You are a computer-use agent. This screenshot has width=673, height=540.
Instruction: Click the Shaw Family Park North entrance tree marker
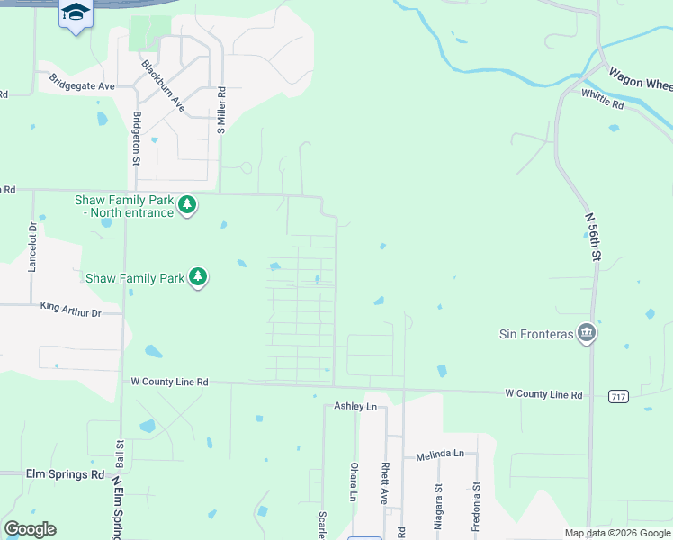tap(187, 205)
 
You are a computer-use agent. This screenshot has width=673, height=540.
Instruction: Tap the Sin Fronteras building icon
tap(587, 333)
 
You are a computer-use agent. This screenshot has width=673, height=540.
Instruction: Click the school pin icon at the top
tap(76, 13)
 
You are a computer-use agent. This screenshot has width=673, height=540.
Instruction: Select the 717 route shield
tap(617, 396)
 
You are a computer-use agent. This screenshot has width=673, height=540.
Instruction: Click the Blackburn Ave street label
tap(163, 86)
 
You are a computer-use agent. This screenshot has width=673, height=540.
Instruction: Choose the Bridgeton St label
tap(137, 137)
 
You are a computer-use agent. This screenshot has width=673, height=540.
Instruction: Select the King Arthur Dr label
tap(71, 310)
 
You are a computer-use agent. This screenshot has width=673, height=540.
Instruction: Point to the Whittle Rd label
tap(603, 98)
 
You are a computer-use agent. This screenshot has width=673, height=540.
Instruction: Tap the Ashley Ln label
tap(355, 407)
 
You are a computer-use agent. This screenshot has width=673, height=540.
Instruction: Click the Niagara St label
tap(439, 501)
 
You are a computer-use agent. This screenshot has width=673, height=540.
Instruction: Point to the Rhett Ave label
tap(384, 483)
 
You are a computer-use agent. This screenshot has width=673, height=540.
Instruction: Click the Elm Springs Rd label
tap(52, 473)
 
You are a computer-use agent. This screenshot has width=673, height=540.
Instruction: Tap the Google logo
tap(30, 529)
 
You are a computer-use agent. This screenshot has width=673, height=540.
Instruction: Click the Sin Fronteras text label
tap(537, 334)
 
